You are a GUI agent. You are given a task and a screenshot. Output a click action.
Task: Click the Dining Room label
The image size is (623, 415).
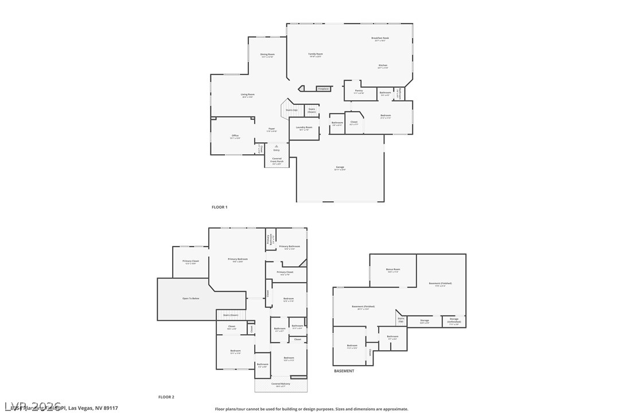(267, 55)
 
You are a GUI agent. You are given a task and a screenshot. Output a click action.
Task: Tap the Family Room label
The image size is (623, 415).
(316, 54)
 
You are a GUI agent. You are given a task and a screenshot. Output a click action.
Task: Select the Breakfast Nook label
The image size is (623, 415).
(380, 38)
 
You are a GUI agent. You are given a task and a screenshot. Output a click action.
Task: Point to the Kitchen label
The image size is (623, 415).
(383, 66)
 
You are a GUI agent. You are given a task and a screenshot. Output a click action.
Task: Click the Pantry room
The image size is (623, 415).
(359, 91)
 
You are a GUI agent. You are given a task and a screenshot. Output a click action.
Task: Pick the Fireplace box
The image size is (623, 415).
(324, 89)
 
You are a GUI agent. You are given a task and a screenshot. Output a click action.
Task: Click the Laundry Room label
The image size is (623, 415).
(304, 128)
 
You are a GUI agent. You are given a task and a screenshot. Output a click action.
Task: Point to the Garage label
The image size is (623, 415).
(340, 167)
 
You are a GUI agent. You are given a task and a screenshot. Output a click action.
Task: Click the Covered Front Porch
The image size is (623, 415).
(277, 160)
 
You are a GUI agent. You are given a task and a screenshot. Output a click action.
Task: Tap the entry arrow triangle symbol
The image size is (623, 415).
(277, 146)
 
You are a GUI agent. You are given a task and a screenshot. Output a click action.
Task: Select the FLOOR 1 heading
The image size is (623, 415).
(220, 207)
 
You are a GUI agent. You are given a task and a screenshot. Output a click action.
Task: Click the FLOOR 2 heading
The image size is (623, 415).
(166, 397)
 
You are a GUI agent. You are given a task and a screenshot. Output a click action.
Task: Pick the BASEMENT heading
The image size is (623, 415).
(344, 371)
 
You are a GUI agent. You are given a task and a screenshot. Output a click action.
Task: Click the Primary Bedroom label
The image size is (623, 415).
(237, 260)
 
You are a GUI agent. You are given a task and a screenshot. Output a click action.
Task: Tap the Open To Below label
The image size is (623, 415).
(191, 299)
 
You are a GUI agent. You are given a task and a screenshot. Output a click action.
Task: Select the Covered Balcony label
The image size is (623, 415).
(281, 384)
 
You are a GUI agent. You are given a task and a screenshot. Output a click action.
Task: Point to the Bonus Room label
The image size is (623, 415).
(393, 269)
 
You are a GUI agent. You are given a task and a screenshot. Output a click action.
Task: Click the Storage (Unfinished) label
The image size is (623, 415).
(454, 320)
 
